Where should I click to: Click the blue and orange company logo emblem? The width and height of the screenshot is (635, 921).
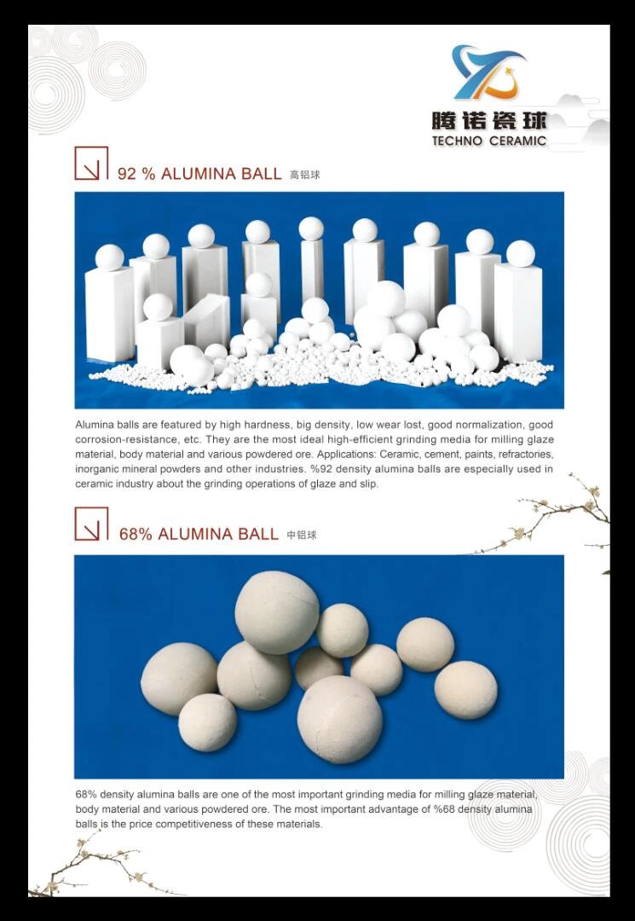[488, 72]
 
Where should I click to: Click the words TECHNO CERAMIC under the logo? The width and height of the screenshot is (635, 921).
[489, 141]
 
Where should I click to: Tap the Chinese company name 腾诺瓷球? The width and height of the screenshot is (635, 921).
[489, 121]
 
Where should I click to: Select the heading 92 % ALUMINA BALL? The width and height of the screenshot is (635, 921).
[199, 174]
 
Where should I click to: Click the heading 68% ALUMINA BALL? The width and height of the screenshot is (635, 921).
[199, 534]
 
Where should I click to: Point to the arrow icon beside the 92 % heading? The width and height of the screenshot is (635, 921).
[91, 163]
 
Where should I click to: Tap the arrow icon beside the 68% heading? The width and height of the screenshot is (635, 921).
[91, 524]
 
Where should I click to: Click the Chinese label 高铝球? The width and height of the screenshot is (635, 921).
[304, 175]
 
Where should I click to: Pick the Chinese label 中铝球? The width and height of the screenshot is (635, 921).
[302, 535]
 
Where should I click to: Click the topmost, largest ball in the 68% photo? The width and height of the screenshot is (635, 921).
[277, 612]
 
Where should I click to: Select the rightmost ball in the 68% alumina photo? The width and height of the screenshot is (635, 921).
[466, 690]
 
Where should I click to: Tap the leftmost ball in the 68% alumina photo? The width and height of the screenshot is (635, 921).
[179, 679]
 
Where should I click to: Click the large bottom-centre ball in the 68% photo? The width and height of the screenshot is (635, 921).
[340, 720]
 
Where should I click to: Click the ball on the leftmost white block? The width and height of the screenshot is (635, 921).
[110, 258]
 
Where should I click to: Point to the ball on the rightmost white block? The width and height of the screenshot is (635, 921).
[521, 254]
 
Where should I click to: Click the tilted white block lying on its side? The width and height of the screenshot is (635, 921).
[207, 320]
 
